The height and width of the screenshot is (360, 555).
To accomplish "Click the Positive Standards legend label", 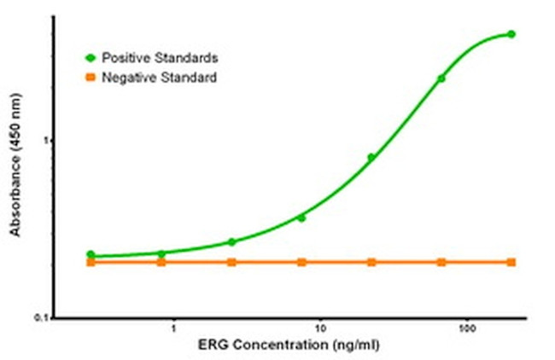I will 160,58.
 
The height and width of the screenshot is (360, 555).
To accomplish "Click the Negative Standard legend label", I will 159,78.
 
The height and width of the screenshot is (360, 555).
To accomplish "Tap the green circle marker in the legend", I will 90,58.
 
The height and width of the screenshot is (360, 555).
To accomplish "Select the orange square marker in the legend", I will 90,78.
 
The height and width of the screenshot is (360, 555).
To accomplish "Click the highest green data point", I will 511,34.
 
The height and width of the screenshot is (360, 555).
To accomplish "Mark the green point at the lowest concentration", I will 91,255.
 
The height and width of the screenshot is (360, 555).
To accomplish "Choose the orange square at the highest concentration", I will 511,262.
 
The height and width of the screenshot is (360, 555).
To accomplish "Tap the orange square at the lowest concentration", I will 91,262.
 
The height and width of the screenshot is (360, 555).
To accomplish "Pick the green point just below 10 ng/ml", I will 301,218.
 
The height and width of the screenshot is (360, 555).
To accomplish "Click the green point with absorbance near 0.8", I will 371,157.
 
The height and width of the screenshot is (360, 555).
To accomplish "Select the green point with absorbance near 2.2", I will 441,78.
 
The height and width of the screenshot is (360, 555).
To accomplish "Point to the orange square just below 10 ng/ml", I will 301,262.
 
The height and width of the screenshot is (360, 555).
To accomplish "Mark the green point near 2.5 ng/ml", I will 231,241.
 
